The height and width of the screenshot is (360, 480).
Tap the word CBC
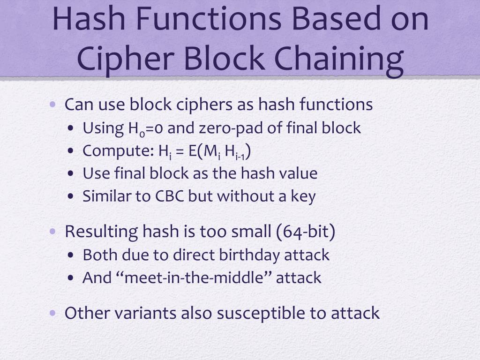pos(170,196)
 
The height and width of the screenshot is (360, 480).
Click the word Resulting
pos(101,232)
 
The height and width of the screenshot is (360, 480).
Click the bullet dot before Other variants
pos(53,313)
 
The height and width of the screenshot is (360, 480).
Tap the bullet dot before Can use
pos(53,104)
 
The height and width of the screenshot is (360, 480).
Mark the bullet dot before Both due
pos(70,256)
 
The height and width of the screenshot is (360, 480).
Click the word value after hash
pos(297,173)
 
